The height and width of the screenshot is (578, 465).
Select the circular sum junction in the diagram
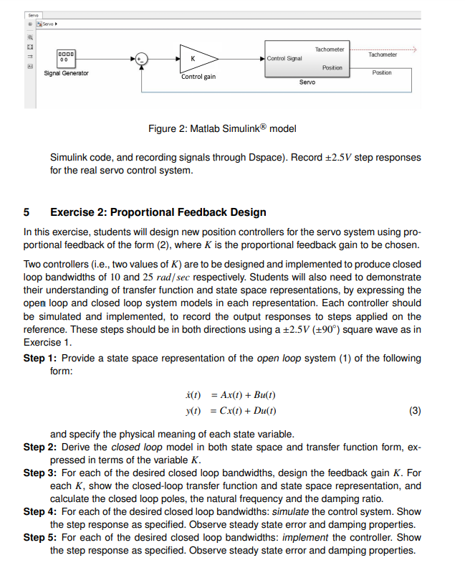(x=141, y=59)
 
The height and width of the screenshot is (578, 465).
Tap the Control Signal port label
(x=284, y=58)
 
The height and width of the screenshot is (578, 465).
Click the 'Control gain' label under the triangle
(x=198, y=77)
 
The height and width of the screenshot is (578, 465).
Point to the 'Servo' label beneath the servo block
(x=307, y=82)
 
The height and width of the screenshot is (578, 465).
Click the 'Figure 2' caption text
(x=221, y=129)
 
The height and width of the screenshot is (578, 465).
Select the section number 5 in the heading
(x=27, y=212)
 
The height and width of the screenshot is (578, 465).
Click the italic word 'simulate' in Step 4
(x=275, y=512)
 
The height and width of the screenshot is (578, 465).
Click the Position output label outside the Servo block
(x=382, y=72)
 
